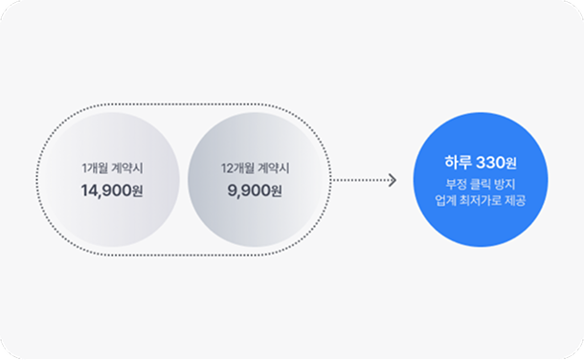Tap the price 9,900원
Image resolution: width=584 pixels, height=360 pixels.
point(254,190)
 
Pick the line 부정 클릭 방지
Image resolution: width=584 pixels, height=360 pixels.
point(474,182)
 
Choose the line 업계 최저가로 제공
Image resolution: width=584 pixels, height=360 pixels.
point(474,200)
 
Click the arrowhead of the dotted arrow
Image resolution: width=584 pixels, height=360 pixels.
point(392,180)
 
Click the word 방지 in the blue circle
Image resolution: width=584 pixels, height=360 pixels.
point(504,182)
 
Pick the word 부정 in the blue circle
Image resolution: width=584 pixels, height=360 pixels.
point(445,182)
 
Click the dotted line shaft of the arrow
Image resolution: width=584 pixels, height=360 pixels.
point(359,180)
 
